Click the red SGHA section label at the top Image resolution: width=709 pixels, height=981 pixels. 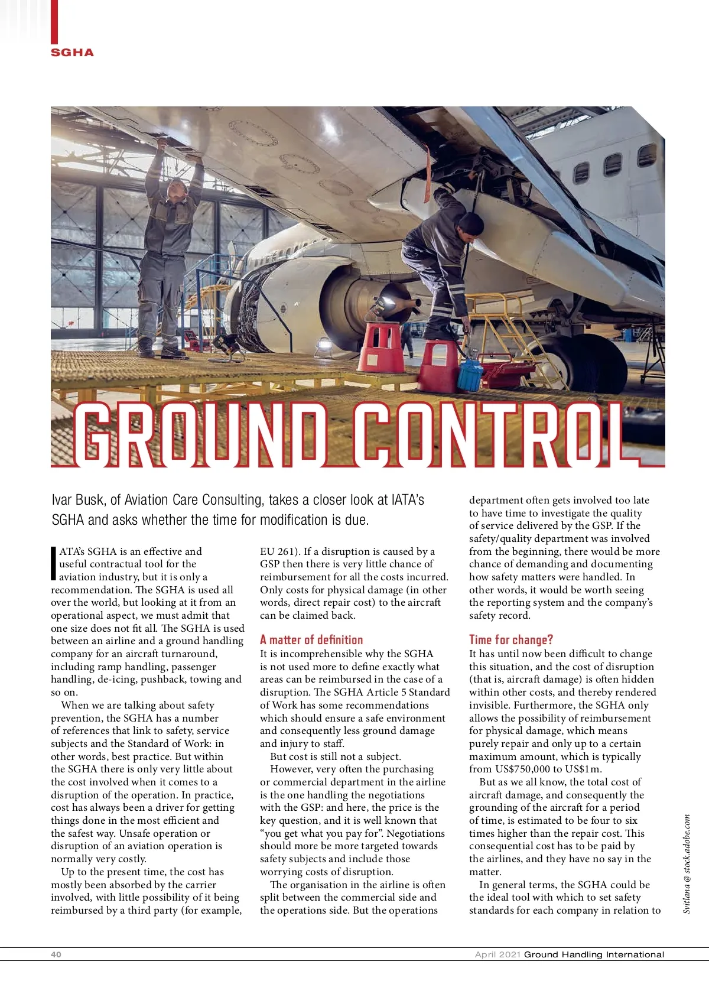pyautogui.click(x=72, y=53)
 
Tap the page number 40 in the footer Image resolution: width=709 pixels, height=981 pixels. pyautogui.click(x=56, y=954)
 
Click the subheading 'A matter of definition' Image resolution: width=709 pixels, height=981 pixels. pyautogui.click(x=311, y=639)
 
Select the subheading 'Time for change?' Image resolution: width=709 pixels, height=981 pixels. pyautogui.click(x=511, y=639)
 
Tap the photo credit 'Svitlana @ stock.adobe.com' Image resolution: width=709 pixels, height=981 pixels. pyautogui.click(x=687, y=863)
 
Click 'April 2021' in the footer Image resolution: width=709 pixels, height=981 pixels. pyautogui.click(x=498, y=954)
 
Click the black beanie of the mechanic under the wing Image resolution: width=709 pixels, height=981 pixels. pyautogui.click(x=471, y=223)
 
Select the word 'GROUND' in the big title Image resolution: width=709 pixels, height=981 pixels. pyautogui.click(x=201, y=434)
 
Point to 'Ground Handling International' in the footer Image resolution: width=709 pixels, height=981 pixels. pyautogui.click(x=594, y=954)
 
